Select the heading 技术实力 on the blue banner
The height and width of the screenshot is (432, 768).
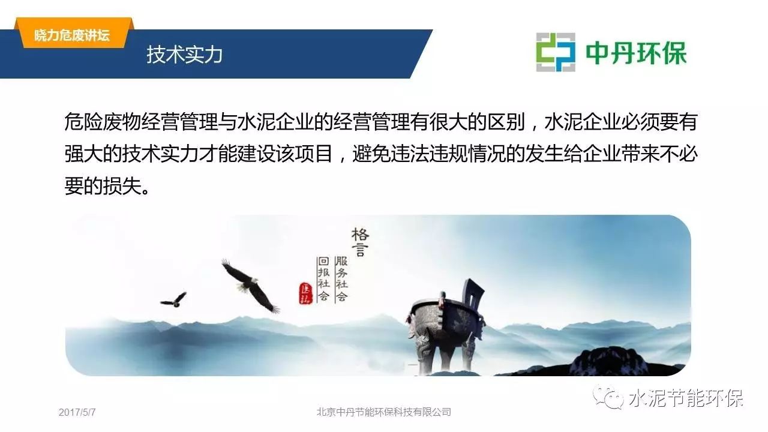(184, 55)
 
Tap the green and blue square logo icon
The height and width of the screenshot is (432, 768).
(556, 52)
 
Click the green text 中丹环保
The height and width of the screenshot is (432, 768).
(636, 53)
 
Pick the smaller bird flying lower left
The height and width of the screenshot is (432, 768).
(174, 300)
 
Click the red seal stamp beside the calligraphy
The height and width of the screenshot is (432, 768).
(305, 293)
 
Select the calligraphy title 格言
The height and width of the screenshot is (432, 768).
(360, 242)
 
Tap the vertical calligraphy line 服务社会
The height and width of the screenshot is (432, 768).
(341, 278)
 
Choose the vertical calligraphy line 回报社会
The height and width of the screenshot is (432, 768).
(323, 278)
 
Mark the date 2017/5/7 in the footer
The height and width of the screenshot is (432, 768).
(77, 412)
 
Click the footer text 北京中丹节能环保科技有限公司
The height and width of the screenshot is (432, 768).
(383, 412)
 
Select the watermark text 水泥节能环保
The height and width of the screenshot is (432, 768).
(686, 398)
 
